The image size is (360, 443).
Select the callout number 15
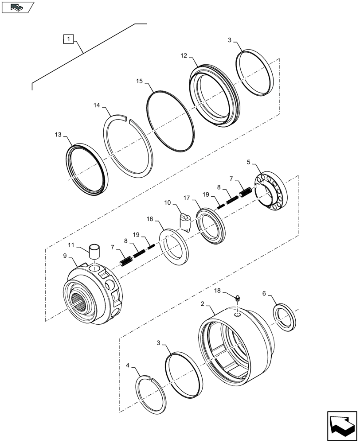click(140, 82)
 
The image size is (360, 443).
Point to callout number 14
click(98, 106)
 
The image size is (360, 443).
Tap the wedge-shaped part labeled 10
click(186, 221)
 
